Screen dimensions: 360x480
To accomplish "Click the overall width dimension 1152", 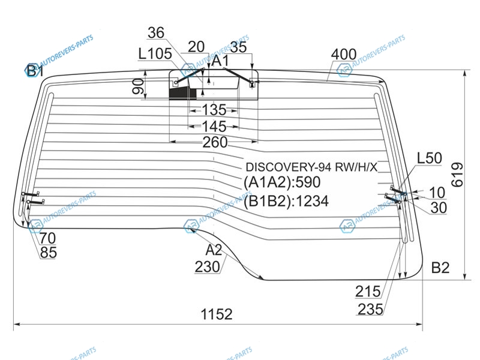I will (x=217, y=314).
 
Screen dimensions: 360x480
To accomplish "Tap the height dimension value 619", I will (x=457, y=175).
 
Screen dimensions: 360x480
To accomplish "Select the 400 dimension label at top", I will (x=343, y=55).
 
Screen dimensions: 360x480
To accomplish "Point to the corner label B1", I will (x=34, y=71).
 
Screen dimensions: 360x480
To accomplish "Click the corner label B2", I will (x=440, y=268).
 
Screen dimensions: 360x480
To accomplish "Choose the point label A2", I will (x=214, y=250).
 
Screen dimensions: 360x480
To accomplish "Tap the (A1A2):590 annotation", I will (x=282, y=183).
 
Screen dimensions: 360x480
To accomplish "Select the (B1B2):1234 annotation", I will (x=286, y=201).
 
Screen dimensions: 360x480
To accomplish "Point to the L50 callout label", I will (x=429, y=158).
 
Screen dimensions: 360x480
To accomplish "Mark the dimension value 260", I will (x=215, y=142).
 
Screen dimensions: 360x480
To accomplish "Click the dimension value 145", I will (x=214, y=127).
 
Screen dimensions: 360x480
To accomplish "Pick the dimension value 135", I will (x=214, y=110).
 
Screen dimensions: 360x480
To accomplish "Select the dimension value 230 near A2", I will (x=207, y=267).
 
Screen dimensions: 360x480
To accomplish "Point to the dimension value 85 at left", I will (x=49, y=253).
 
